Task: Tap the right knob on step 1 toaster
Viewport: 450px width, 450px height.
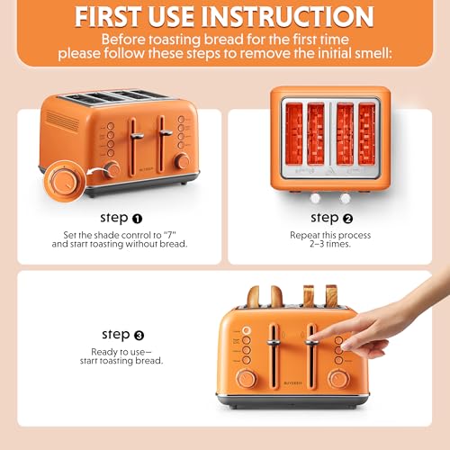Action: (182, 161)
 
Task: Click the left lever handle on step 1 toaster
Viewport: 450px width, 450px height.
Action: (137, 135)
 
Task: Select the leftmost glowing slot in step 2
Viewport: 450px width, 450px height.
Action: (291, 132)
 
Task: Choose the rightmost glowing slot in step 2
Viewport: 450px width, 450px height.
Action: (367, 132)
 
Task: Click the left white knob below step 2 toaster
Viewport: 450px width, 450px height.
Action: (319, 197)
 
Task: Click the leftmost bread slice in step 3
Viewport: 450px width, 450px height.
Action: (255, 297)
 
